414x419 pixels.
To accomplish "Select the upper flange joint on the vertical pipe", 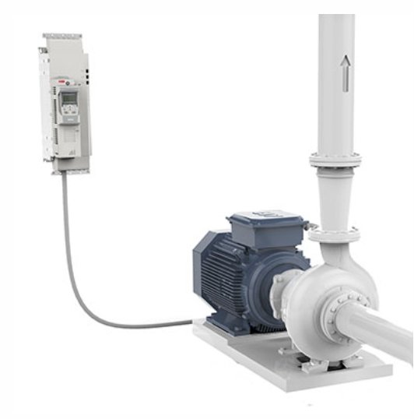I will click(x=335, y=160).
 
